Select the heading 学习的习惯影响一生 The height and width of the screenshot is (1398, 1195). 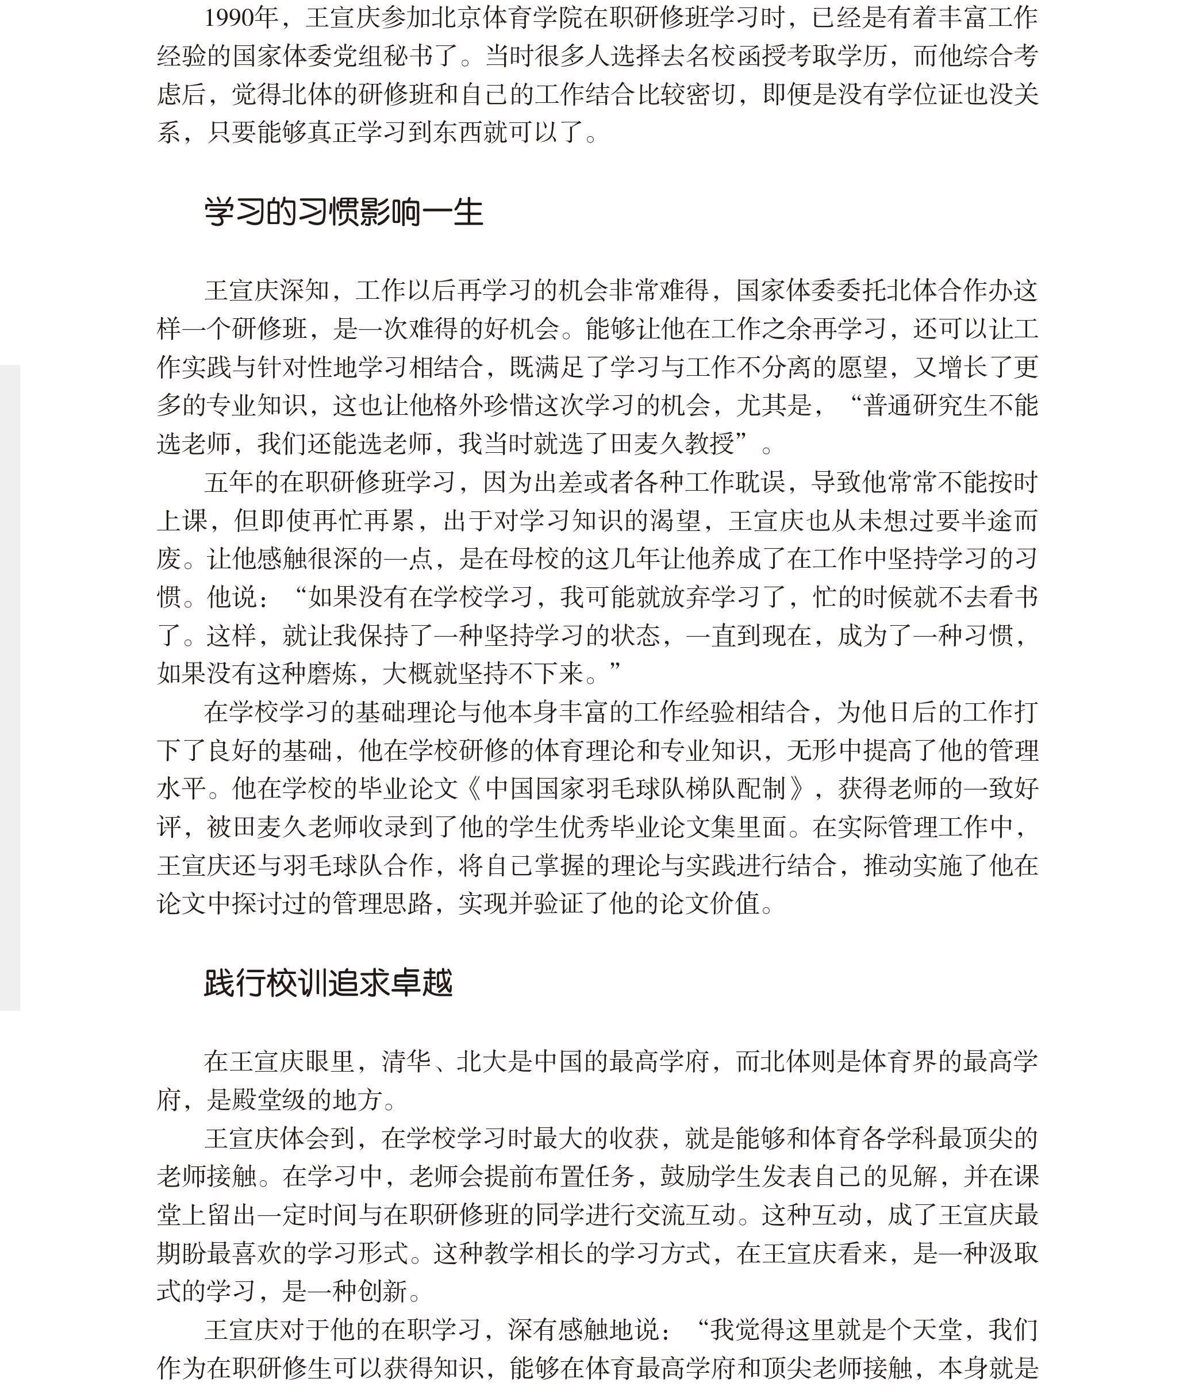[344, 213]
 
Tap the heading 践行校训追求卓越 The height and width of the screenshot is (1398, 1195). [328, 983]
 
